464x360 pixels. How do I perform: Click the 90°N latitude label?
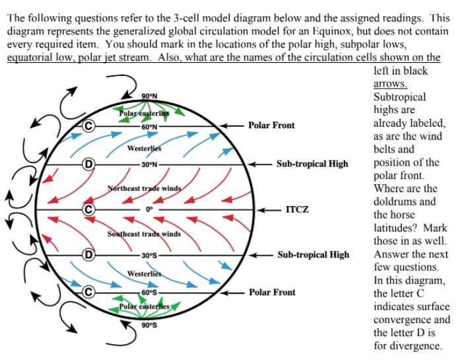click(x=150, y=98)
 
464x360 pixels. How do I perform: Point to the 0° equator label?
click(x=149, y=209)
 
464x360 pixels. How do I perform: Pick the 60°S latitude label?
click(x=150, y=292)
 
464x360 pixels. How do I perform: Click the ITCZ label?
click(x=296, y=209)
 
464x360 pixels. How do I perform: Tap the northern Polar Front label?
click(x=272, y=125)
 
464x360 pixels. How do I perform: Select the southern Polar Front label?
click(x=272, y=292)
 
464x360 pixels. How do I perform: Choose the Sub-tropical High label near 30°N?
click(x=313, y=164)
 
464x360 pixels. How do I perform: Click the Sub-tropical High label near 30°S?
click(x=313, y=254)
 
